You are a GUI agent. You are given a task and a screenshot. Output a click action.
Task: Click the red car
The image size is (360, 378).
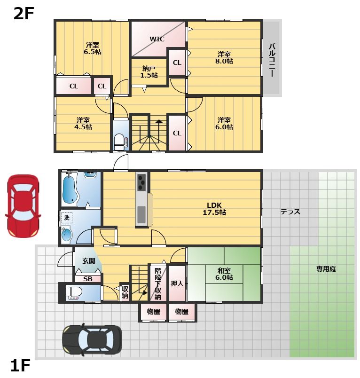point(23,206)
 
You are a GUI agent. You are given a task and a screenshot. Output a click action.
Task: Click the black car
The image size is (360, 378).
point(92,339)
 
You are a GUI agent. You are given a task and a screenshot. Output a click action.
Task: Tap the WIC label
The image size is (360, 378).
point(157,39)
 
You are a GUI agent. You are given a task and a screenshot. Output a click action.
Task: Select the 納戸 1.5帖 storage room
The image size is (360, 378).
point(149,71)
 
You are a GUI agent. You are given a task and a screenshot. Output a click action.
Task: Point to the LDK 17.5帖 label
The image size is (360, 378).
point(214,209)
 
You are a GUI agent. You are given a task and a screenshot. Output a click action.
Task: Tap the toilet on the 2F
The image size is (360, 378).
point(118,142)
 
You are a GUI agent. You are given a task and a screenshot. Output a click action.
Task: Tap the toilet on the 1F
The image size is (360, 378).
point(73,292)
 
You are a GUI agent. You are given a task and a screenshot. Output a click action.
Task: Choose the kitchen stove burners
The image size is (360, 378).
point(141,181)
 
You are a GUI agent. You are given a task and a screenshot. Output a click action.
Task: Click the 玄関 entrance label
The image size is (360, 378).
point(89,260)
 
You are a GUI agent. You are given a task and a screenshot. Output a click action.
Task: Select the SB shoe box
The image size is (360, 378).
point(88,279)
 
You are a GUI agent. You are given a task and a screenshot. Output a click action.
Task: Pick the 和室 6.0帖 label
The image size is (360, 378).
point(224,274)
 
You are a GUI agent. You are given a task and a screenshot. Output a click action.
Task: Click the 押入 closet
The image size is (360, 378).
point(177,283)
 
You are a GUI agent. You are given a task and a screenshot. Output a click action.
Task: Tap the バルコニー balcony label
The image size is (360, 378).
point(272,60)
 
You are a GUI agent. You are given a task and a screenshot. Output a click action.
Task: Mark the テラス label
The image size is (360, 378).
point(290,212)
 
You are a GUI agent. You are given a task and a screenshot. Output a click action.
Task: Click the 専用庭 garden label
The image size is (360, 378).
point(326,269)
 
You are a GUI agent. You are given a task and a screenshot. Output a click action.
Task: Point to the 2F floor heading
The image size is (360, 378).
point(23,14)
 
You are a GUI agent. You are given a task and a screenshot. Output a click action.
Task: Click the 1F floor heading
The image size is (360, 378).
point(20,365)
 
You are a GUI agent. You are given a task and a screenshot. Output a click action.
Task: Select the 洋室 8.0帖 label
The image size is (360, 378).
point(224,58)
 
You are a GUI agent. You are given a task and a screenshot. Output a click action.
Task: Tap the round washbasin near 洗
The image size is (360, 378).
point(66,235)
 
